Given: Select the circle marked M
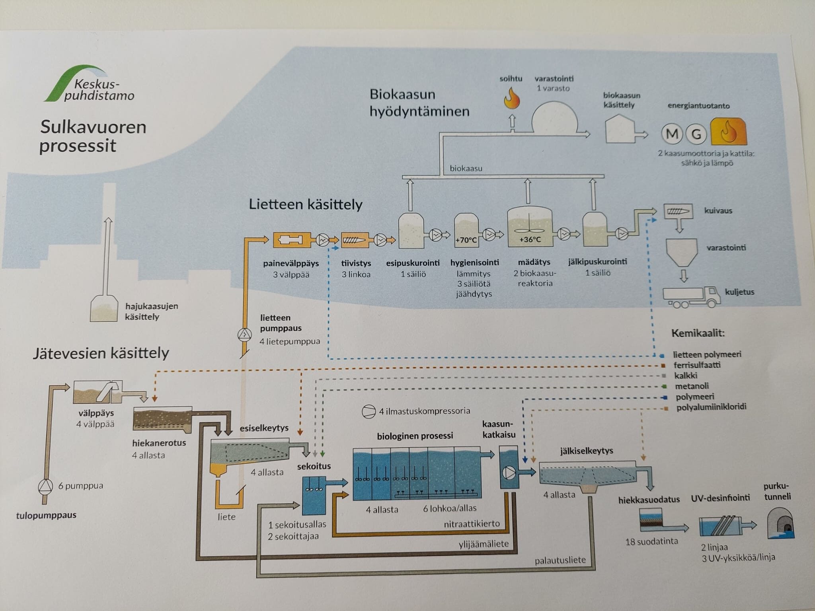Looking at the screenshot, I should click(x=672, y=134).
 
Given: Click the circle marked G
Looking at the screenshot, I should click(x=696, y=134).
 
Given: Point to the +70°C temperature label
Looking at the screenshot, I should click(x=466, y=240).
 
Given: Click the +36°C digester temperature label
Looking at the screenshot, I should click(x=530, y=239).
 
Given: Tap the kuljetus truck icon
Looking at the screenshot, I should click(x=692, y=297).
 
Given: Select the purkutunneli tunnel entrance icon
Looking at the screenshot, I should click(x=780, y=523).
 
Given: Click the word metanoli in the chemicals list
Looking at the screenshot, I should click(x=692, y=386).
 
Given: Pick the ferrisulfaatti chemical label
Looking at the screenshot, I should click(x=697, y=365).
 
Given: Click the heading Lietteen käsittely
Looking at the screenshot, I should click(x=306, y=204).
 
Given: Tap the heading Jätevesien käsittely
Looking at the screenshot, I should click(x=101, y=353).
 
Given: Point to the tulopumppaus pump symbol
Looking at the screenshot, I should click(x=45, y=486).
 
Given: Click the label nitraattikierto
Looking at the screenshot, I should click(x=472, y=523).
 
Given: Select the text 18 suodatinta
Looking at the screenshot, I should click(x=651, y=541).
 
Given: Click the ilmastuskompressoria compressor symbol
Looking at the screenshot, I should click(x=369, y=412).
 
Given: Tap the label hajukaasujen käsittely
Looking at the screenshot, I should click(x=151, y=311).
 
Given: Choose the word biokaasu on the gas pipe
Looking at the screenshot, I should click(x=466, y=168).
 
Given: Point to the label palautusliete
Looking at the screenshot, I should click(x=560, y=560).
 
